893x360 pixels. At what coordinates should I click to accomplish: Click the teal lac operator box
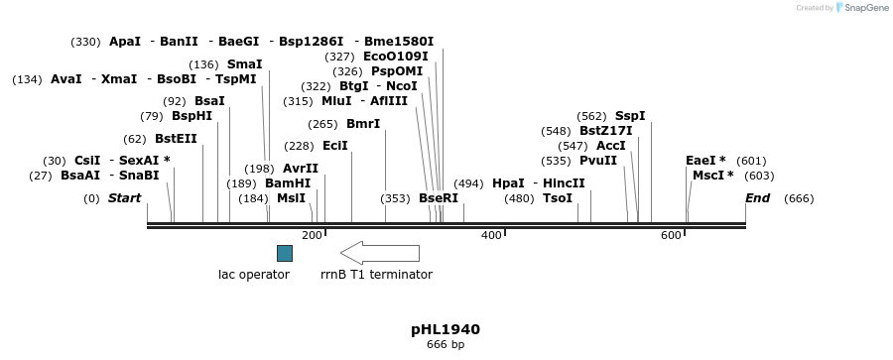click(284, 253)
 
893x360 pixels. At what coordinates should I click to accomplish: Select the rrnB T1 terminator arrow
click(379, 253)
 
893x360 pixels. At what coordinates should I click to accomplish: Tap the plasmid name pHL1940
click(446, 329)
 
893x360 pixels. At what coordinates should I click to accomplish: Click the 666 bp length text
click(446, 345)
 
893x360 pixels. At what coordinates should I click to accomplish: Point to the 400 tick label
click(491, 235)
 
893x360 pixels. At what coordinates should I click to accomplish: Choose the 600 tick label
click(671, 235)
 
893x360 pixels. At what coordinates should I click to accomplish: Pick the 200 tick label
click(312, 235)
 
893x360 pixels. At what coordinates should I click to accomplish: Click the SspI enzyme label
click(630, 116)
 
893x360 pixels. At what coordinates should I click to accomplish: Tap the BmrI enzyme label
click(363, 124)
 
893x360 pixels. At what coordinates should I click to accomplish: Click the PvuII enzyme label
click(598, 161)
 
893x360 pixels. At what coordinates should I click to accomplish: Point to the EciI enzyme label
click(335, 146)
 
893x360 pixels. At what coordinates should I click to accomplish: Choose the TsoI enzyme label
click(558, 198)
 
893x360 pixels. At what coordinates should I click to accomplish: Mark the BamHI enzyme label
click(288, 183)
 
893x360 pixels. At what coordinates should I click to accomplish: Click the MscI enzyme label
click(708, 176)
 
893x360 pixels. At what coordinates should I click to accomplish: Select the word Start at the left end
click(124, 198)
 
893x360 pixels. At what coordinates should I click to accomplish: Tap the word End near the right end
click(757, 198)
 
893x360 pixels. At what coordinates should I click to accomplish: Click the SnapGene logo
click(859, 8)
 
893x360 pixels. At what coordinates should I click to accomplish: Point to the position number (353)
click(395, 198)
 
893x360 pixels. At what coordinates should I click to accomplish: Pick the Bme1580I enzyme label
click(399, 42)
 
